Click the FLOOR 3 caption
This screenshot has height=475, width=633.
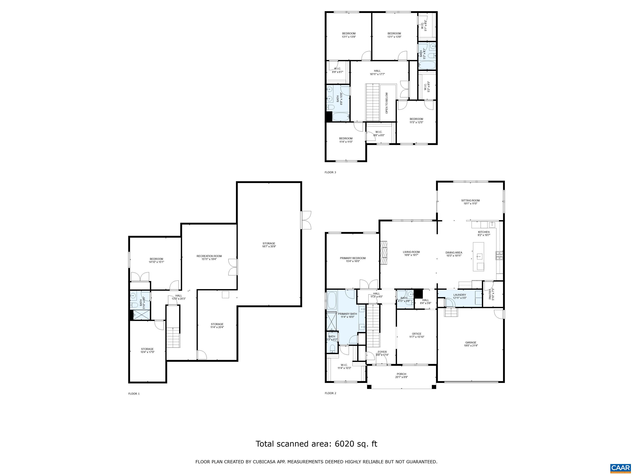click(330, 172)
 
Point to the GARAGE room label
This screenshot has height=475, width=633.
click(471, 342)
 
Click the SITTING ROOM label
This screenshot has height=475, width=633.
click(470, 200)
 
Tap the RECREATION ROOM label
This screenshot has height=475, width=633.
click(209, 256)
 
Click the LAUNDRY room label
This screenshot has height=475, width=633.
click(460, 295)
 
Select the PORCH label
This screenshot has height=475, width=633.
click(401, 374)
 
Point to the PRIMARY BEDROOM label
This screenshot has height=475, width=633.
click(353, 258)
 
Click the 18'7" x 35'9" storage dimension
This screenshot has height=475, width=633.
click(269, 247)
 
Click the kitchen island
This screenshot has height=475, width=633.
click(478, 256)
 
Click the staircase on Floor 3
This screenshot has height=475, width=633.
click(373, 102)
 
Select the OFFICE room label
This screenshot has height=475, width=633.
click(416, 334)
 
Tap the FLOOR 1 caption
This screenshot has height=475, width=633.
click(134, 394)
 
